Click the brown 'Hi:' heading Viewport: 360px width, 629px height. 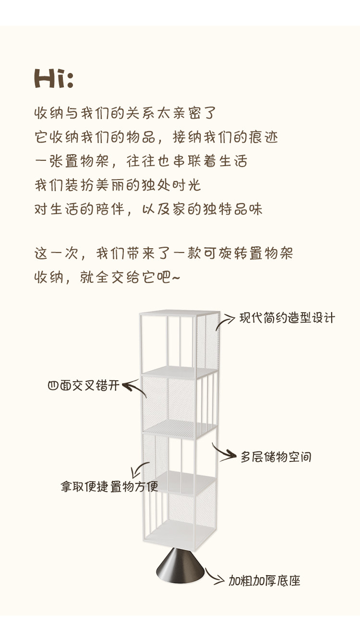pos(54,79)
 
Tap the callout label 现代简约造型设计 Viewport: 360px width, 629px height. pos(287,318)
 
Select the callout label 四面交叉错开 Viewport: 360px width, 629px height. pos(83,386)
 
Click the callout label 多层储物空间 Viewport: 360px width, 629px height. pos(276,457)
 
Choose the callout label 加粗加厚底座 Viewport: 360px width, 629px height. pos(264,581)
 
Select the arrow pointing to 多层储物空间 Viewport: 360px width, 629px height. pos(223,452)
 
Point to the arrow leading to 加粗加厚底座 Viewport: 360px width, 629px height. pos(215,576)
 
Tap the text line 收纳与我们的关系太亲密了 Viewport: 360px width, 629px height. pos(126,114)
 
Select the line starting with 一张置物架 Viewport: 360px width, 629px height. pos(141,161)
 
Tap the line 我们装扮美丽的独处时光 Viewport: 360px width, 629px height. pos(118,185)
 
